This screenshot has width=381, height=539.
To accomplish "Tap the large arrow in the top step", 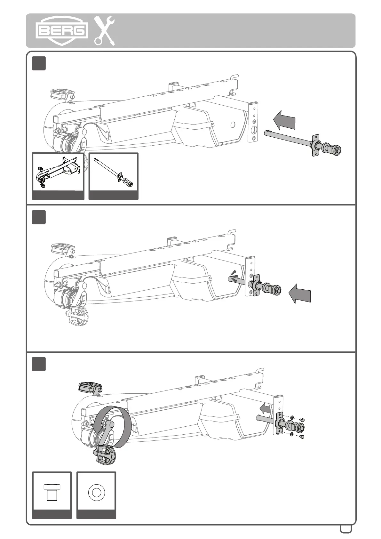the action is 284,120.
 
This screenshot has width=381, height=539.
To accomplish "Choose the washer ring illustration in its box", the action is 96,492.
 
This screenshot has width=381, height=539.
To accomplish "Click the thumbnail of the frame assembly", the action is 58,172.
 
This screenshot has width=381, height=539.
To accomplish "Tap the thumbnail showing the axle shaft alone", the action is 114,172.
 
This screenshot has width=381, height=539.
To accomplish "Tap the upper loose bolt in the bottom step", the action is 303,420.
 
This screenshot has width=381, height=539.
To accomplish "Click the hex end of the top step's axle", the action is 335,149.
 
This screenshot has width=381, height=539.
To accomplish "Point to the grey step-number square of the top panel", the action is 39,63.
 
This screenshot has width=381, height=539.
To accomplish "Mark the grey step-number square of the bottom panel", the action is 39,364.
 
